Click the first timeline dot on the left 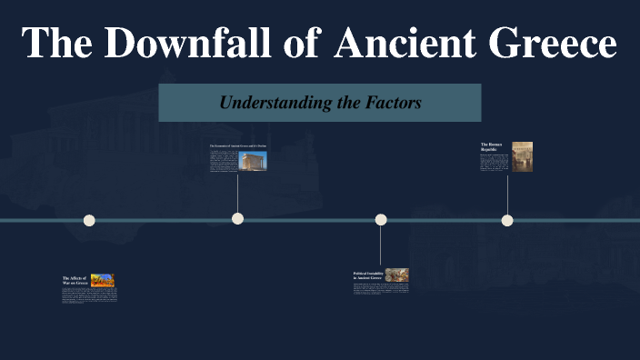coord(89,220)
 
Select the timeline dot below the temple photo coord(237,218)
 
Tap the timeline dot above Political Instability coord(381,219)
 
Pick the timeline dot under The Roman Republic coord(507,220)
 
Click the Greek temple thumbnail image coord(253,161)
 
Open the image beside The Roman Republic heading coord(522,156)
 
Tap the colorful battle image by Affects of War coord(103,280)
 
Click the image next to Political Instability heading coord(396,275)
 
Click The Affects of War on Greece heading coord(75,280)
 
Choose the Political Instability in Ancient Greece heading coord(367,275)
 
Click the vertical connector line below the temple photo coord(237,193)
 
